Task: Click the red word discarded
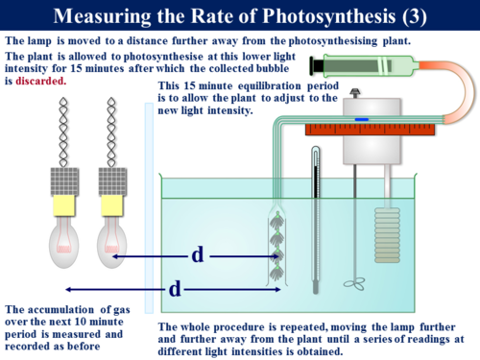41,82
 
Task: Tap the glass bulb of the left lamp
65,241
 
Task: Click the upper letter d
197,254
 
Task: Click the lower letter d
174,287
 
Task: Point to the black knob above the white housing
358,93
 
